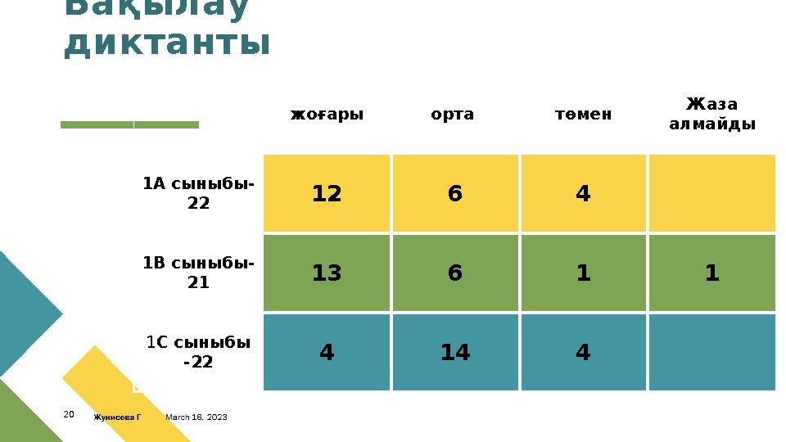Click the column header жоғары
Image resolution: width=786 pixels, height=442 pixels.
[327, 115]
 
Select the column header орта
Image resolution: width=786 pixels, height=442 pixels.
[452, 115]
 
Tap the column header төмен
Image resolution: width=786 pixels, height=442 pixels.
[583, 115]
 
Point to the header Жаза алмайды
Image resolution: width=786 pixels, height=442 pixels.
[711, 115]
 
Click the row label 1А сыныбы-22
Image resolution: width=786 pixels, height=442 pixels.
[198, 193]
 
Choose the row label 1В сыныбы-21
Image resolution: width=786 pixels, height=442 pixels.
[198, 273]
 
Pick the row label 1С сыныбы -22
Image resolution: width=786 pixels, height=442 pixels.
[198, 352]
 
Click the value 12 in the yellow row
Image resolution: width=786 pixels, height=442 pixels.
[327, 194]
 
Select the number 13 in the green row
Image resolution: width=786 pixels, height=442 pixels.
[327, 273]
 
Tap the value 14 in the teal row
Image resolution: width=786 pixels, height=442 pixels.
[455, 353]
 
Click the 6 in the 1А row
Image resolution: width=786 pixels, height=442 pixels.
[455, 194]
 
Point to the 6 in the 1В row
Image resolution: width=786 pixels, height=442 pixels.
[455, 273]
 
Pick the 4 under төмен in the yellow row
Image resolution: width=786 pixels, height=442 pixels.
[583, 194]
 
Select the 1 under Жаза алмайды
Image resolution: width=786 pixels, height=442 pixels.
[711, 273]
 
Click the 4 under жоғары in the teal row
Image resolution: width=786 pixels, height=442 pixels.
[327, 353]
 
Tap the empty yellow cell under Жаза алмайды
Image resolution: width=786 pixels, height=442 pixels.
[711, 194]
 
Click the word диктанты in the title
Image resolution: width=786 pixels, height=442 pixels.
[167, 43]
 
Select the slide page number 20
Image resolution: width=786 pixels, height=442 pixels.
[69, 415]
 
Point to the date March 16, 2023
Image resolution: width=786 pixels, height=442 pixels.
[196, 417]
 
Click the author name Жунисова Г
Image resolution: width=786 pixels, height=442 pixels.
[117, 417]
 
